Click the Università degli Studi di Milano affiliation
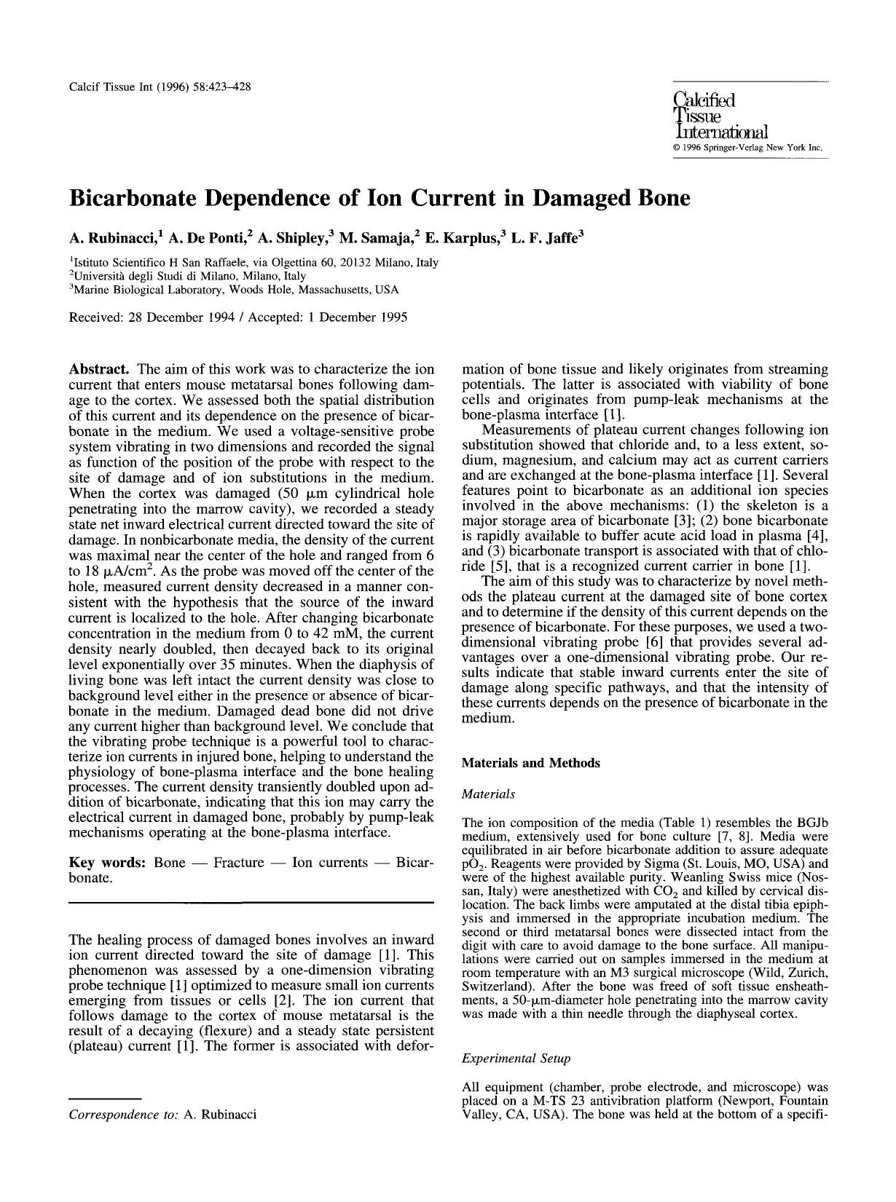189,276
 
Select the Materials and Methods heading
530,763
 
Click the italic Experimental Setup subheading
516,1059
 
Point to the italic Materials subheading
488,794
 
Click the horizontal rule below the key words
251,904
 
